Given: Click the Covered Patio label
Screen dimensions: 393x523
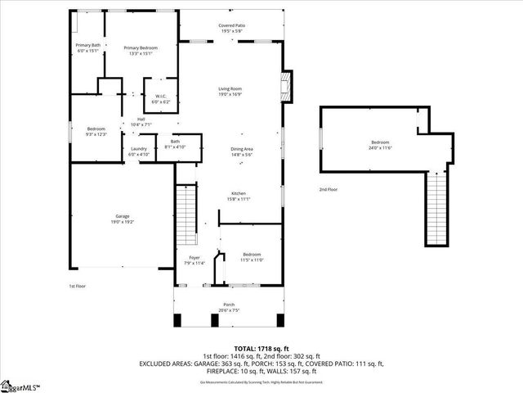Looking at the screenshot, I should tap(231, 28).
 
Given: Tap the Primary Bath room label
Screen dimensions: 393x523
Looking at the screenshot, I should tap(87, 47).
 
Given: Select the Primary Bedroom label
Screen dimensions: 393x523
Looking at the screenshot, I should tap(141, 51).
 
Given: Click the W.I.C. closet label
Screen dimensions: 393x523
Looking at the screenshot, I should tap(161, 98).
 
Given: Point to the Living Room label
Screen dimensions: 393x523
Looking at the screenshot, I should tap(230, 91).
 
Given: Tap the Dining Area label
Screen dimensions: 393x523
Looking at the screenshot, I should tap(242, 151).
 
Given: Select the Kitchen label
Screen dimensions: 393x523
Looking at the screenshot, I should tap(238, 196).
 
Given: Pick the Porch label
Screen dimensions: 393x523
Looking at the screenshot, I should tap(229, 308).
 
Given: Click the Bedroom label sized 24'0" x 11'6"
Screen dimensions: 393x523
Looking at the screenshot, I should tap(381, 144).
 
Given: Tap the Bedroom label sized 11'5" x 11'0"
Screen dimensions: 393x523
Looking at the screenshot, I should tap(251, 257).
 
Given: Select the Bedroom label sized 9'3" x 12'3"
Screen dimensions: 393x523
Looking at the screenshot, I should tap(96, 131).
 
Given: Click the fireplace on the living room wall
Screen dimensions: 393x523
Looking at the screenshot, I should tap(284, 85).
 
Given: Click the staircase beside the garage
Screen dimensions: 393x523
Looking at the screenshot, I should tap(187, 215).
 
